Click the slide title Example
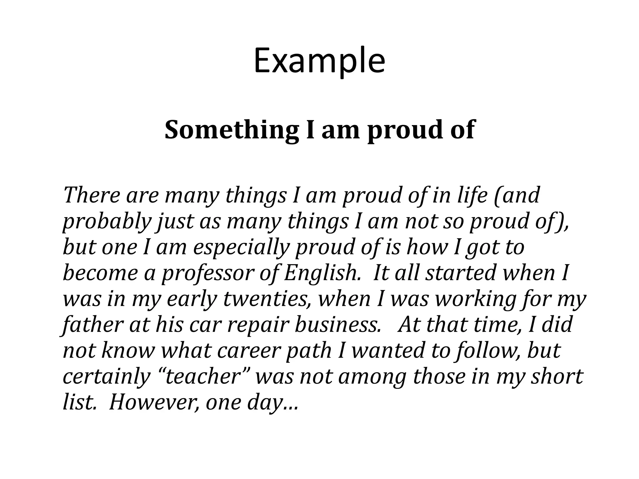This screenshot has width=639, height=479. pyautogui.click(x=319, y=61)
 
